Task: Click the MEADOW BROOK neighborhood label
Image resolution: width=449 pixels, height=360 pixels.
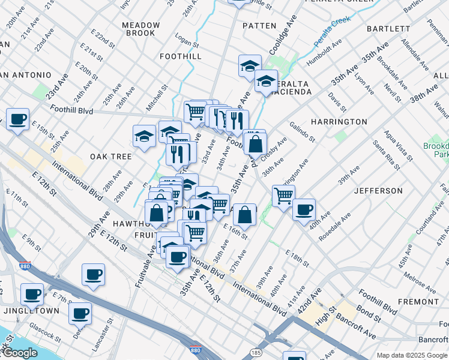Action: (141, 29)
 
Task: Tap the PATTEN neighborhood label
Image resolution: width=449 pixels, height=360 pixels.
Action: (259, 26)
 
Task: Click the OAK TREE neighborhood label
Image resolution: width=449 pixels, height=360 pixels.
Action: (110, 157)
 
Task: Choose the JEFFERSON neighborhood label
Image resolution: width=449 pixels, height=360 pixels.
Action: (378, 191)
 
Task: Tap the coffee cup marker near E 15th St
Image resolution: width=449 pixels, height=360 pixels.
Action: (17, 119)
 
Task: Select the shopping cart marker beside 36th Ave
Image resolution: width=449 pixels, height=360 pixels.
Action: (283, 194)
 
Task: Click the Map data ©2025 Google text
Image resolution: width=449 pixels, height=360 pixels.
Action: (411, 355)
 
